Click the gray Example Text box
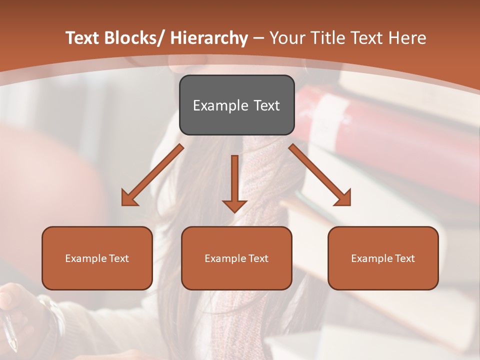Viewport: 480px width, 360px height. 236,105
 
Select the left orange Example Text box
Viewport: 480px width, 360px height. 97,258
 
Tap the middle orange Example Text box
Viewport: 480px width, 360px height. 236,258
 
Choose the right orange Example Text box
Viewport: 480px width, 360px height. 383,258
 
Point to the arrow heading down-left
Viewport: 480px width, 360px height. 152,175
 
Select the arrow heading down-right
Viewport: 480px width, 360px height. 320,175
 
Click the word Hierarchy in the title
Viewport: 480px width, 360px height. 209,38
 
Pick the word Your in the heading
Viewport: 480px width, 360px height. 287,38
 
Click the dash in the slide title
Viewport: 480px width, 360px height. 258,38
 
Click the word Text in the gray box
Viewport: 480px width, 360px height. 266,105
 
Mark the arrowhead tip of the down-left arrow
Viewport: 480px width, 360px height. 123,204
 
